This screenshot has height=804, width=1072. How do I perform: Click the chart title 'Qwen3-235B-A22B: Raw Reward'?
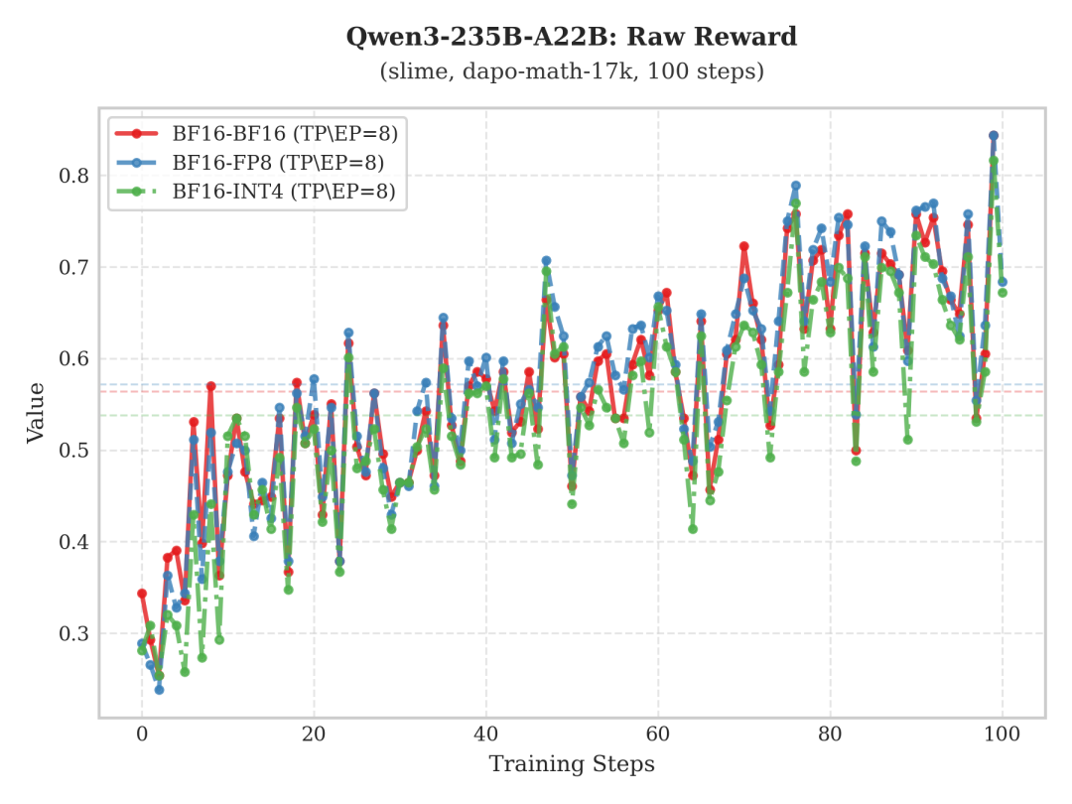tap(571, 38)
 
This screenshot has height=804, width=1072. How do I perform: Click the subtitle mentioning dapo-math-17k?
tap(571, 72)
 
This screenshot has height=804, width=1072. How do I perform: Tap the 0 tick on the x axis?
tap(142, 735)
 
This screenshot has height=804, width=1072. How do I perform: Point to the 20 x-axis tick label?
tap(314, 735)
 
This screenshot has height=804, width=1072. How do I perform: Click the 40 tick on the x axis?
tap(486, 735)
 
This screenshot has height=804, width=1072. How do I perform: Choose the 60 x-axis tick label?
tap(658, 735)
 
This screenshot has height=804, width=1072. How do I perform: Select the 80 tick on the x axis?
tap(830, 735)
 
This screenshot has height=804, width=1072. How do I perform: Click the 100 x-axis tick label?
tap(1003, 735)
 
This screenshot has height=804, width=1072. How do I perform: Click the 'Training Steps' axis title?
tap(571, 764)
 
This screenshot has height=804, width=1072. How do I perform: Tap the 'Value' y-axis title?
tap(35, 412)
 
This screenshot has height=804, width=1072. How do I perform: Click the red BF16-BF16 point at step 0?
tap(142, 594)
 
